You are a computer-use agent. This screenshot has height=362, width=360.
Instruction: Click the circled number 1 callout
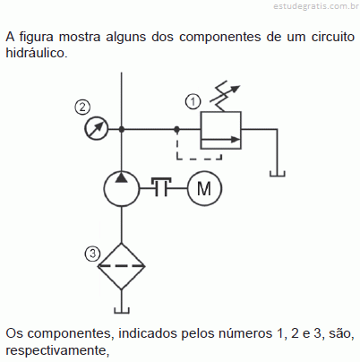tap(193, 101)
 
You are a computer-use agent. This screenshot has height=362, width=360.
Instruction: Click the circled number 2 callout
tap(82, 107)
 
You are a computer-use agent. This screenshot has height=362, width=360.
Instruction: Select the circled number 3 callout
tap(92, 254)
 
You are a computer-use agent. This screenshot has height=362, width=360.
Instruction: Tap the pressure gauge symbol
tap(96, 129)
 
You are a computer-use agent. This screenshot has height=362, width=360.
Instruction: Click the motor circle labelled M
tap(204, 188)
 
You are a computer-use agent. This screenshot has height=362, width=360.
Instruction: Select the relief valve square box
tap(221, 130)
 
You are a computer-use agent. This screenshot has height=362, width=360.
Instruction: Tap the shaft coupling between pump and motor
tap(161, 186)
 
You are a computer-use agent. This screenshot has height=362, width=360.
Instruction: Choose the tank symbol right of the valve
tap(278, 174)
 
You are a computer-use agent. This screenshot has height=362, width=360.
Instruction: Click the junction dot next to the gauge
tap(122, 129)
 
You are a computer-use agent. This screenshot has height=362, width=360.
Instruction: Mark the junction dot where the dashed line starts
tap(177, 129)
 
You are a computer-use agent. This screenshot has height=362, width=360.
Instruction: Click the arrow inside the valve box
tap(221, 139)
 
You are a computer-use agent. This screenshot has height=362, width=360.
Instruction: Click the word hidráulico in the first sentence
tap(37, 53)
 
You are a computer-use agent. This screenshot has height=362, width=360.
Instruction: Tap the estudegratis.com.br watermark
tap(316, 6)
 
